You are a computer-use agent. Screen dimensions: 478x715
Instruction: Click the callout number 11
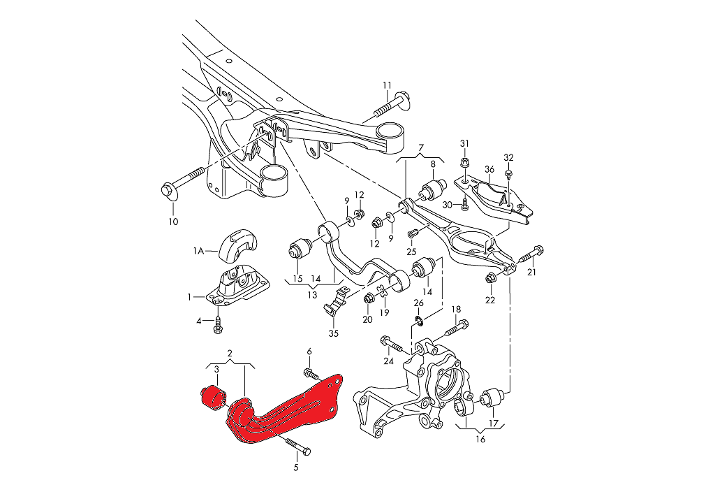[387, 86]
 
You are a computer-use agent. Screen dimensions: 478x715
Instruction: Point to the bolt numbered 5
[297, 445]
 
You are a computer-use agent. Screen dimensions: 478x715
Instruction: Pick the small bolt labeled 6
[309, 374]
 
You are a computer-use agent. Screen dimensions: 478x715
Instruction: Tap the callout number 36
[489, 168]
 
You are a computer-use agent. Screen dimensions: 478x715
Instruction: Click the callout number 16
[480, 439]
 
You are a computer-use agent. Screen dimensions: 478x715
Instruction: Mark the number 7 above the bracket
[421, 148]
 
